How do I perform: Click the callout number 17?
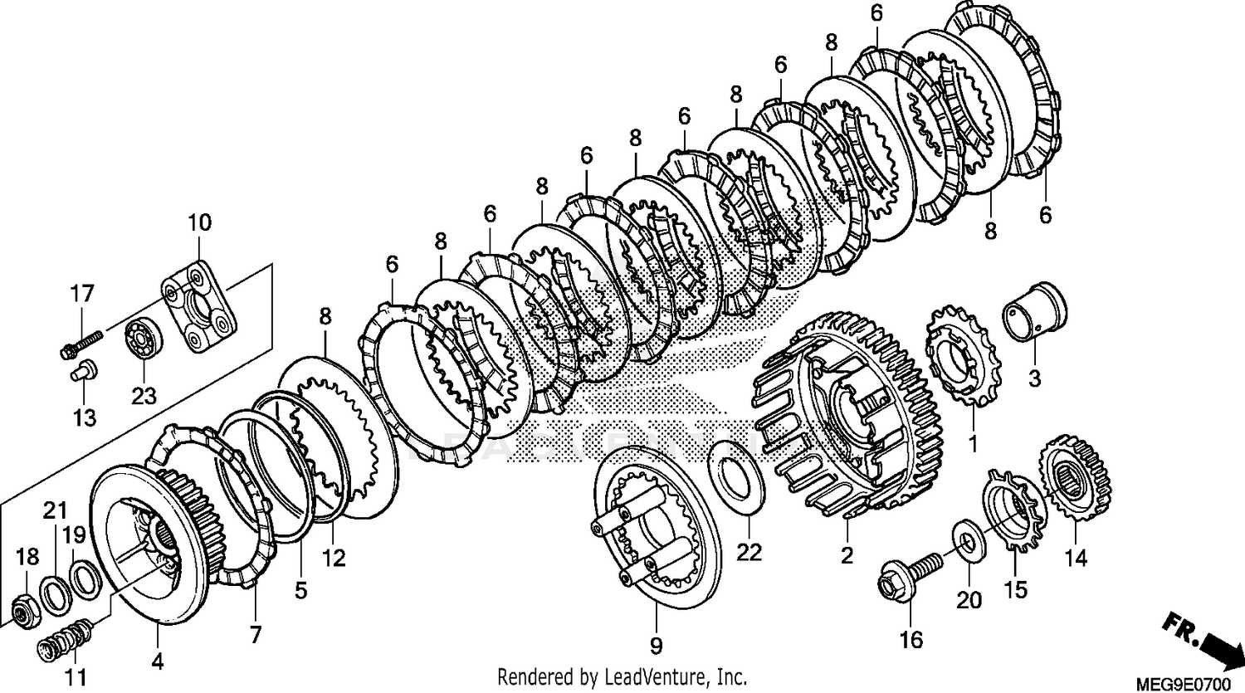pos(82,294)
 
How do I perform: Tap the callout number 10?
pos(199,222)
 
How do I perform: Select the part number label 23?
pos(143,396)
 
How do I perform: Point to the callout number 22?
pos(749,552)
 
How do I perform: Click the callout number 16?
pos(911,639)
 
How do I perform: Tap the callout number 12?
pos(334,559)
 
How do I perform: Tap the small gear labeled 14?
pos(1075,481)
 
